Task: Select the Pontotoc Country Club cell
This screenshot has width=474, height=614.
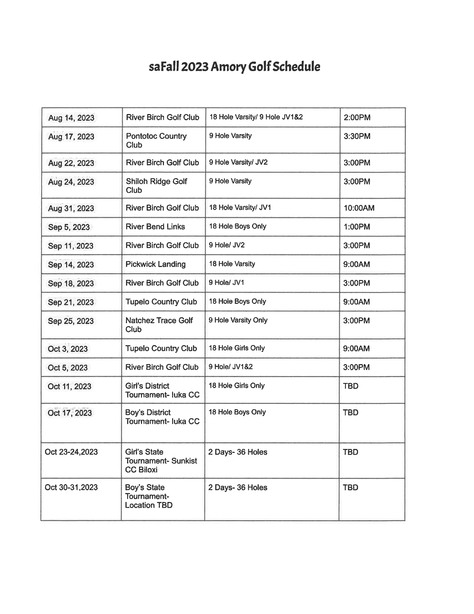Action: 156,140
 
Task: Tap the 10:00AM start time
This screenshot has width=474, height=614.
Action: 359,208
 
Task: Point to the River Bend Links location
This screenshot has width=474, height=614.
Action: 155,227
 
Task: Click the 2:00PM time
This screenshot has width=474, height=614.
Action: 357,118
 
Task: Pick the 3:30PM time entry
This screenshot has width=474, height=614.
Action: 357,136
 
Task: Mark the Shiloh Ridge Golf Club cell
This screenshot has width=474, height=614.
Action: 156,186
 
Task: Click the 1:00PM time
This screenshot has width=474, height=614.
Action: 357,227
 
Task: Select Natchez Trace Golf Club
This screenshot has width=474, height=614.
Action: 159,325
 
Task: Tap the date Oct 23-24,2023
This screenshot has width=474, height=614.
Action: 71,452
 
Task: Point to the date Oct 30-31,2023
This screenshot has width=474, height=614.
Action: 71,487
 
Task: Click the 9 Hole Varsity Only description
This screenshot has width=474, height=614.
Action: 238,320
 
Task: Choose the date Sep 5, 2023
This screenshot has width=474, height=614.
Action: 69,227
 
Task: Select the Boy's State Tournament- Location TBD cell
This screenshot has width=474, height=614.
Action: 149,496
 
